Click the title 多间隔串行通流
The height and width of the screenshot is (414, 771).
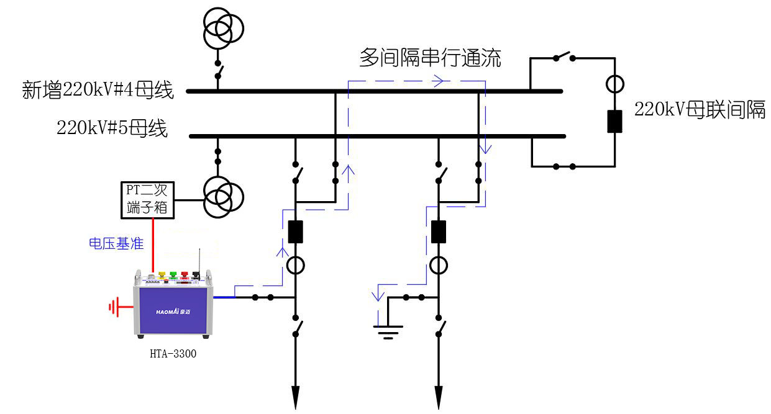[429, 58]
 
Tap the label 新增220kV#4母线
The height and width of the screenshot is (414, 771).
[98, 91]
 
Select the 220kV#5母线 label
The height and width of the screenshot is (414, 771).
[112, 128]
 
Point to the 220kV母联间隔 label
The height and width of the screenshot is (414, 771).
[700, 110]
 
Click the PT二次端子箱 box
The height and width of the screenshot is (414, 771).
[147, 199]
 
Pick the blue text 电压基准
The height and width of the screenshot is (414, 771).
[116, 244]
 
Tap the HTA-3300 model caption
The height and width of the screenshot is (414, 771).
[173, 354]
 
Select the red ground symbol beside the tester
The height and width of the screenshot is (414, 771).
[114, 307]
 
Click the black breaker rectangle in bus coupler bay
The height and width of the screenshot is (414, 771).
[614, 121]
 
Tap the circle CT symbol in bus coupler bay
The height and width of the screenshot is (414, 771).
[614, 83]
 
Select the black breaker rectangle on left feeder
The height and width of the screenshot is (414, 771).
[295, 232]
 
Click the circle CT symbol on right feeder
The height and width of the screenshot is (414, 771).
[439, 266]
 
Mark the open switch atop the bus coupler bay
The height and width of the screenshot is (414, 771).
[564, 57]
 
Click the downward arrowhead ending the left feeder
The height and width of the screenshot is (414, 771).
[295, 395]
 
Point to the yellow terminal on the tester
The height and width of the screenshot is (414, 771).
[163, 274]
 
